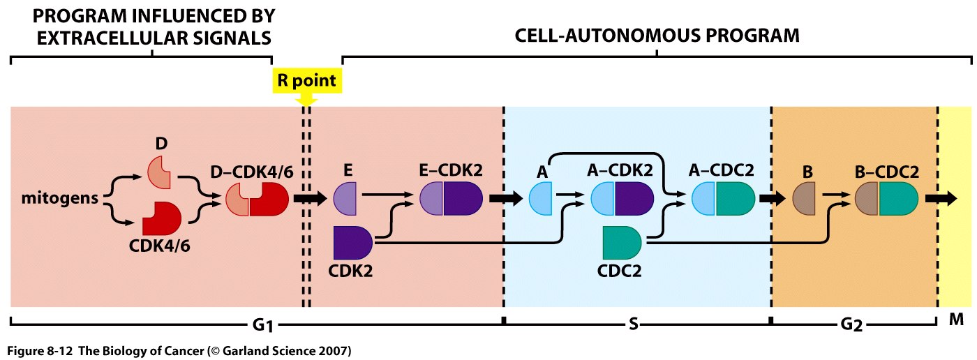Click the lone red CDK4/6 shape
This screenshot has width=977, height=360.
(x=161, y=220)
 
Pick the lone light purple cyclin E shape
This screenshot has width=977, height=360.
(x=346, y=199)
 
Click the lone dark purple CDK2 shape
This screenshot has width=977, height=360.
(x=352, y=242)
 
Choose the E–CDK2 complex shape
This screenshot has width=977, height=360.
(x=452, y=199)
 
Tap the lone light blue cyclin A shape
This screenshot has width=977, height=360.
(x=542, y=199)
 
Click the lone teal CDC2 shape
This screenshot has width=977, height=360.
(x=622, y=242)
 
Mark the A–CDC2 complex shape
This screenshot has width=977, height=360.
(x=723, y=199)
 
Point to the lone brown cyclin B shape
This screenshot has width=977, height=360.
(x=807, y=199)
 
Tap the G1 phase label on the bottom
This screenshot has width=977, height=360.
(x=264, y=326)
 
